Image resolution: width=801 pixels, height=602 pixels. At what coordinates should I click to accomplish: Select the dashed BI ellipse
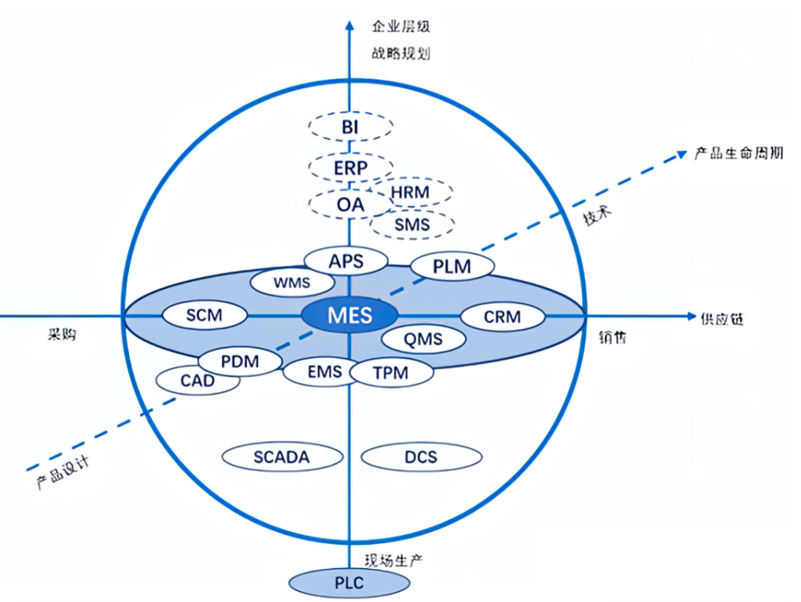(349, 127)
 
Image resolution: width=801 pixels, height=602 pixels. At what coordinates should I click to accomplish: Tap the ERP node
(349, 167)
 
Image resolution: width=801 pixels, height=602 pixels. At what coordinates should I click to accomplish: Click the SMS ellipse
(412, 225)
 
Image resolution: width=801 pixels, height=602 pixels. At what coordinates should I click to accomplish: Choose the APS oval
(346, 260)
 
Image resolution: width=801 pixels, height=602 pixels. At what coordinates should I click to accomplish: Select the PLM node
(452, 267)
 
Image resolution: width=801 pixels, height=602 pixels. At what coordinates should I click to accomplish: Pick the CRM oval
(502, 317)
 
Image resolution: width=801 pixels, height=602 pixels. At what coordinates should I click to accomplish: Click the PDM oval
(240, 362)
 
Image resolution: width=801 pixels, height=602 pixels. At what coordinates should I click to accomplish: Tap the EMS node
(324, 371)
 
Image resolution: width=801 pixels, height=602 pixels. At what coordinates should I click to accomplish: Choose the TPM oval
(391, 373)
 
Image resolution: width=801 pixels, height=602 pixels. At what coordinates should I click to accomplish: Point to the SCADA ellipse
(282, 456)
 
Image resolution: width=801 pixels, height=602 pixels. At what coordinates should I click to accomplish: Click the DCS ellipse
(421, 456)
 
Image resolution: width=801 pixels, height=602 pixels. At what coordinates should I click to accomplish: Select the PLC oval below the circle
(349, 583)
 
